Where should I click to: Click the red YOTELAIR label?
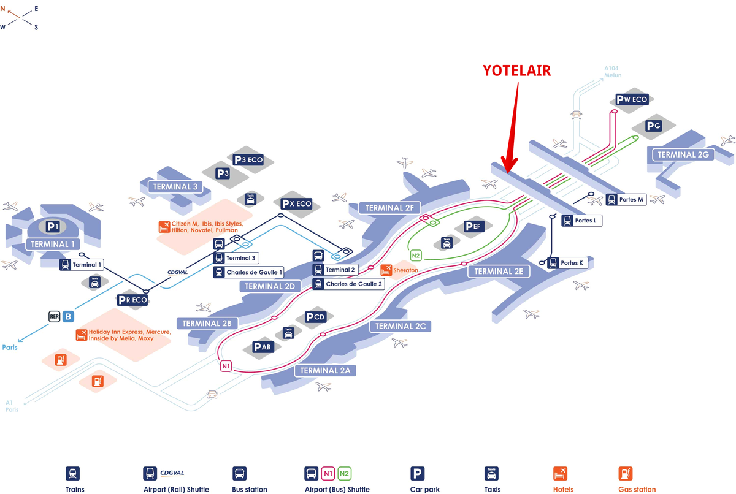[x=516, y=71]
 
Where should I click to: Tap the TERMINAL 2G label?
[x=683, y=154]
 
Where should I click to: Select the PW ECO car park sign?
[x=631, y=99]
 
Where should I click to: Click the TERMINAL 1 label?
[x=51, y=245]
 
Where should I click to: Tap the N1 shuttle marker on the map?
[x=226, y=367]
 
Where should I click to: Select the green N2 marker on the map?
[x=416, y=256]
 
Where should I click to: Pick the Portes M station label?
[x=626, y=199]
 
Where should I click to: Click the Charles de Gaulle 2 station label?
[x=348, y=284]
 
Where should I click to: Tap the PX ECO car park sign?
[x=296, y=203]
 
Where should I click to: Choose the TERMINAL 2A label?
[x=325, y=370]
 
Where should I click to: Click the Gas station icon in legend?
[x=625, y=474]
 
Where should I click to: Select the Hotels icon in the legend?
[x=559, y=474]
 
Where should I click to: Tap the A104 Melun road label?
[x=612, y=72]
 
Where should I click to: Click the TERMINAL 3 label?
[x=175, y=186]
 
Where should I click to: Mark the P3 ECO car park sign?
[x=248, y=159]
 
